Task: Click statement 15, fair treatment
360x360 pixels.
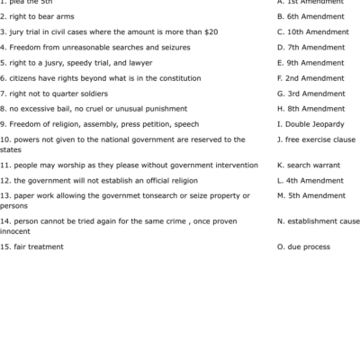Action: tap(34, 247)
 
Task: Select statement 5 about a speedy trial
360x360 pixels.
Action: tap(76, 62)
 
